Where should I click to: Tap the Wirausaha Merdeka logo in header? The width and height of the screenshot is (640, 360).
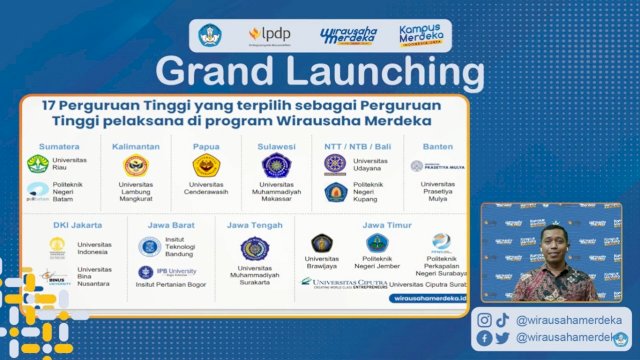[348, 36]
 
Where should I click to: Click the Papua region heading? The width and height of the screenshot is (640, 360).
[207, 146]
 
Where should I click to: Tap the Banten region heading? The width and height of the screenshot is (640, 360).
[437, 146]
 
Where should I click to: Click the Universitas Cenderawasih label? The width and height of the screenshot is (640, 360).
[207, 190]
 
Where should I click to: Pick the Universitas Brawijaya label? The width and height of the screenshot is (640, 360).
[322, 264]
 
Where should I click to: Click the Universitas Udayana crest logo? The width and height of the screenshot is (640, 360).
[336, 163]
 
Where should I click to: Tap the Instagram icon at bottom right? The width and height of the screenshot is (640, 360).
[484, 320]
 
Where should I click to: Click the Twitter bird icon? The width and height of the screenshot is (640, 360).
[502, 338]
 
